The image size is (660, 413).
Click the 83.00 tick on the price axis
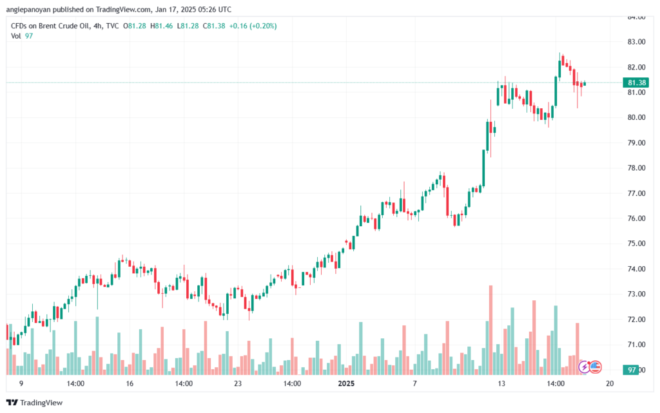(636, 42)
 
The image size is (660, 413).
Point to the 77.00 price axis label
(636, 193)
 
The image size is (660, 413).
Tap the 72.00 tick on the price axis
(636, 320)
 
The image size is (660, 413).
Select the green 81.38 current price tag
(636, 82)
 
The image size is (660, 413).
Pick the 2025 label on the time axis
(346, 383)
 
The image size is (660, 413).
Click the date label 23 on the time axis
(238, 383)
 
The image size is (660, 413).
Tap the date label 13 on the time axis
(501, 383)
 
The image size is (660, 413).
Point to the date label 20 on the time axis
(609, 383)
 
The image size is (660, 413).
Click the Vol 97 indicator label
(22, 36)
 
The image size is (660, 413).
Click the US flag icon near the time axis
(596, 367)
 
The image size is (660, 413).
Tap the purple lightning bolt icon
(584, 367)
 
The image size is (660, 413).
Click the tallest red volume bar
(490, 329)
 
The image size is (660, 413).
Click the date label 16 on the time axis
(130, 383)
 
